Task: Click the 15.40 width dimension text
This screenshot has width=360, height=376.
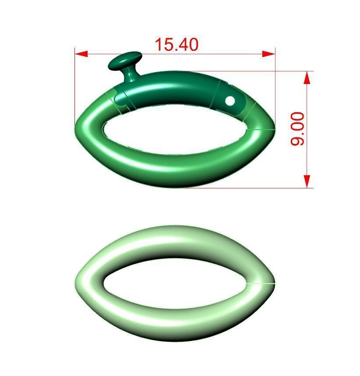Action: (x=176, y=44)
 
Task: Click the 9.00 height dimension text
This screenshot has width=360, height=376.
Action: (x=297, y=129)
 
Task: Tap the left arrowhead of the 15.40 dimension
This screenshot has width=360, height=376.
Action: (x=81, y=54)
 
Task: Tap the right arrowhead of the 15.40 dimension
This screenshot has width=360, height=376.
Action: (x=268, y=54)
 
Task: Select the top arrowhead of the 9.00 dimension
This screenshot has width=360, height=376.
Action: (x=307, y=78)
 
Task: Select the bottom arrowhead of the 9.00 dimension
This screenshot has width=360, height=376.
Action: (x=307, y=181)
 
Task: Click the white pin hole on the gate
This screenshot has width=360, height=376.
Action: (x=230, y=101)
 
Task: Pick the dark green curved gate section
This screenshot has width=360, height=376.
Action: (x=175, y=88)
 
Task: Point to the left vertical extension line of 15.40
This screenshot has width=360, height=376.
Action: (x=75, y=88)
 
